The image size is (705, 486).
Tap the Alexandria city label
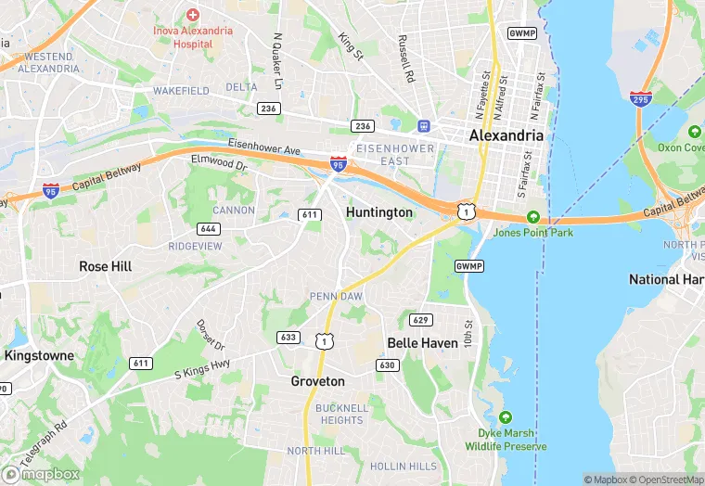tap(506, 135)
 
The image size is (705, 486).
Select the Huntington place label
tap(378, 212)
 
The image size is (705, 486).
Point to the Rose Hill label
tap(105, 266)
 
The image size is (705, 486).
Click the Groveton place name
tap(317, 381)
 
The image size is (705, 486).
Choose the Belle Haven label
tap(422, 343)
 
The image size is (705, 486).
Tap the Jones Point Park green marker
tap(532, 217)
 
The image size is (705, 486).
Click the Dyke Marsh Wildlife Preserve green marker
tap(506, 417)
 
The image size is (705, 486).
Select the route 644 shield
tap(209, 228)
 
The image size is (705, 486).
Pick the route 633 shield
tap(288, 337)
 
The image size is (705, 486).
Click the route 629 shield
tap(421, 320)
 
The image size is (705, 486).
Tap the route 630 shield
tap(388, 365)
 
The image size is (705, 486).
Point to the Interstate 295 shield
tap(640, 99)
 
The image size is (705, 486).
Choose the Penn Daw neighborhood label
tap(336, 296)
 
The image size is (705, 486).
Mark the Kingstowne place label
tap(37, 355)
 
